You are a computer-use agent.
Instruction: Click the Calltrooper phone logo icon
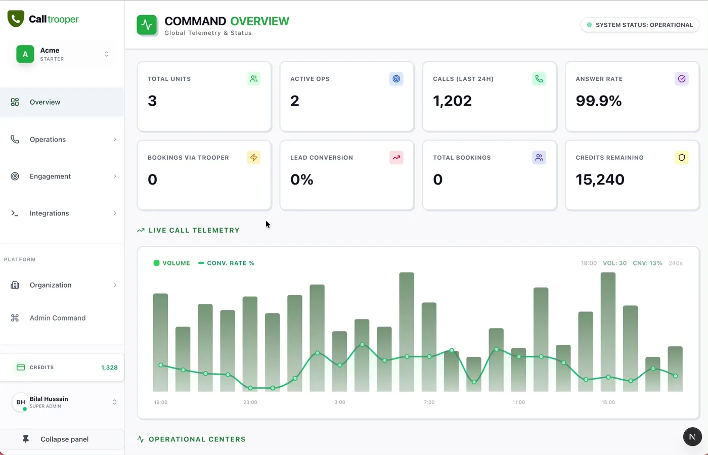16,19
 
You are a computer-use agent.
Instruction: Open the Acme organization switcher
62,54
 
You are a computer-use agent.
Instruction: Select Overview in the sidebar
45,102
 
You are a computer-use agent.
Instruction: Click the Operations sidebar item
48,140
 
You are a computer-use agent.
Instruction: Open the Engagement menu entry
50,176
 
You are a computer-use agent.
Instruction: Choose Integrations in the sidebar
49,213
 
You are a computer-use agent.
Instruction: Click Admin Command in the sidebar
58,318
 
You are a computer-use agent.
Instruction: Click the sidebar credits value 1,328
109,368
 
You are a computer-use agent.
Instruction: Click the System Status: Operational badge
640,25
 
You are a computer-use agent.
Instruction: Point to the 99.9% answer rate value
599,101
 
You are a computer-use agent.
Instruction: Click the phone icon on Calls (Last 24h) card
539,79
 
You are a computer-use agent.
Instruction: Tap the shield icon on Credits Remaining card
682,158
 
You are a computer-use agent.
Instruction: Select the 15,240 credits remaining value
600,179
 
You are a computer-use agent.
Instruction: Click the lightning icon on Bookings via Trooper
254,158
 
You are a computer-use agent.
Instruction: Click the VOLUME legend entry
172,263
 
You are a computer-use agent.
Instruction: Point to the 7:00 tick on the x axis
429,402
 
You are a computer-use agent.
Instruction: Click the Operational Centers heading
197,439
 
